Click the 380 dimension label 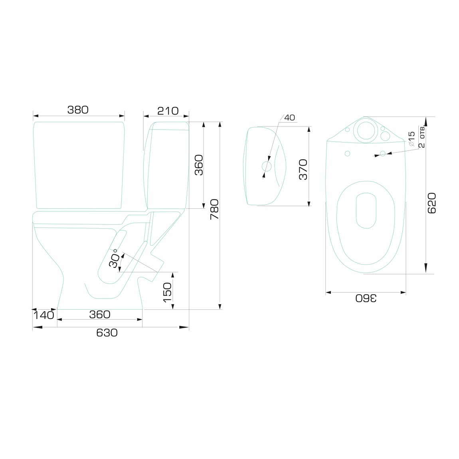pyautogui.click(x=78, y=110)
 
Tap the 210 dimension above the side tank pyautogui.click(x=168, y=111)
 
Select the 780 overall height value pyautogui.click(x=215, y=209)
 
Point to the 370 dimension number pyautogui.click(x=303, y=170)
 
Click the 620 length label pyautogui.click(x=432, y=203)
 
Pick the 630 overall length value pyautogui.click(x=107, y=333)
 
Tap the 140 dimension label pyautogui.click(x=44, y=315)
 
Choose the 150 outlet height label pyautogui.click(x=167, y=293)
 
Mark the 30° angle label pyautogui.click(x=114, y=259)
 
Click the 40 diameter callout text pyautogui.click(x=289, y=117)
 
